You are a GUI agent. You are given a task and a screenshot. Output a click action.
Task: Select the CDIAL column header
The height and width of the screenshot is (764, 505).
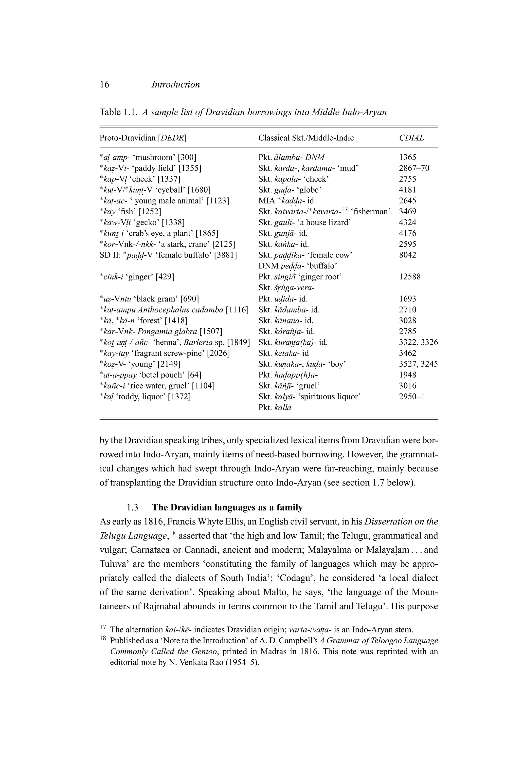coord(411,138)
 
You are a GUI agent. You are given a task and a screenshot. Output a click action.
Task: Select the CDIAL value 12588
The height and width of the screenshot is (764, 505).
coord(410,277)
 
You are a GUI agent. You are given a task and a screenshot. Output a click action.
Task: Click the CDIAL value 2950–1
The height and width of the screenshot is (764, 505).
coord(412,396)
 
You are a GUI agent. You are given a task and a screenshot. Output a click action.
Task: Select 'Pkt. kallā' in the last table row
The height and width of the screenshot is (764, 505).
coord(275,407)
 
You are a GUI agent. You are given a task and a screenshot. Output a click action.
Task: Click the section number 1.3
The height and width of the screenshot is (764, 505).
coord(132,507)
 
